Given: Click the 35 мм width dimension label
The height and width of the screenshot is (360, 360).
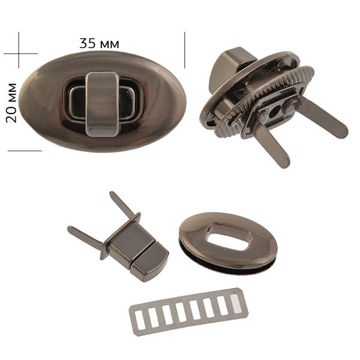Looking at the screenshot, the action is click(99, 43).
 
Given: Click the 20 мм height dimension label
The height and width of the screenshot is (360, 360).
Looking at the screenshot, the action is click(11, 103).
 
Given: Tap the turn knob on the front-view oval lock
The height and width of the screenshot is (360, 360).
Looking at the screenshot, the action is click(102, 104).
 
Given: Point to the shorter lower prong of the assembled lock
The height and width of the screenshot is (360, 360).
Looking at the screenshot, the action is click(272, 147).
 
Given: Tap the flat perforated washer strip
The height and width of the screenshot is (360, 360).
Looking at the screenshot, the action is click(189, 312).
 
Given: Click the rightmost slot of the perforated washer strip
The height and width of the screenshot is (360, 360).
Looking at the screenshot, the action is click(236, 304).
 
